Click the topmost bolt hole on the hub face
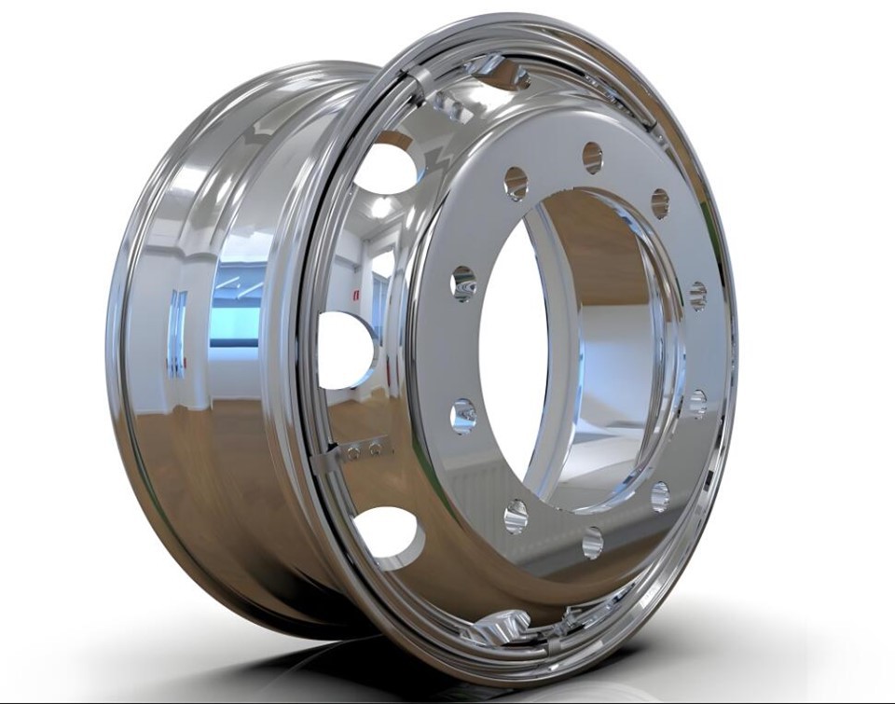[x=592, y=158]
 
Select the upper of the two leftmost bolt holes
[x=463, y=283]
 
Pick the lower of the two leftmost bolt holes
[x=463, y=415]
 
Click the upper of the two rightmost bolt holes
[x=697, y=296]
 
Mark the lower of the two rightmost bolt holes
[x=697, y=403]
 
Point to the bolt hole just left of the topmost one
[x=516, y=183]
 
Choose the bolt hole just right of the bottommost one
[x=660, y=496]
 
